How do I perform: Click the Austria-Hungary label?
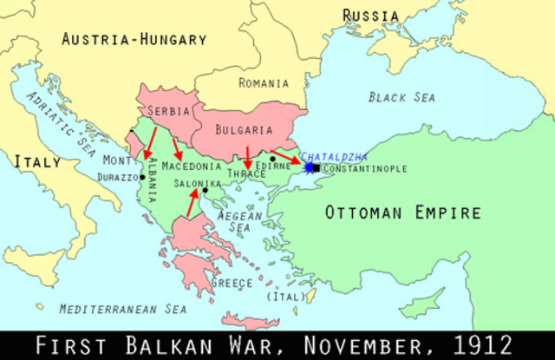click(x=134, y=39)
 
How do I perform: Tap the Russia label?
click(x=370, y=16)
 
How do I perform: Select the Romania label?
click(x=264, y=83)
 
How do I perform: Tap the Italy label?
click(x=36, y=161)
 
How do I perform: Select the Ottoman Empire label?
click(x=402, y=213)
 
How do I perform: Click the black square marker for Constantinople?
click(x=317, y=167)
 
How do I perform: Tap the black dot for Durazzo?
click(x=143, y=177)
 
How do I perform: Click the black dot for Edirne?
click(x=272, y=159)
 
